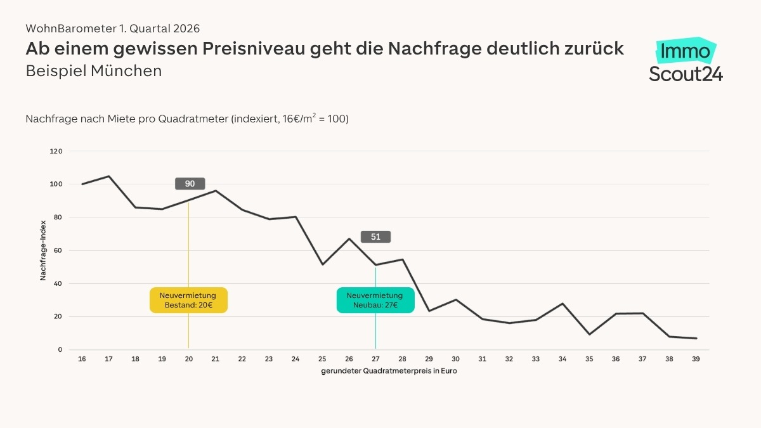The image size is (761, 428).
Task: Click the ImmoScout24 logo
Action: click(x=686, y=60)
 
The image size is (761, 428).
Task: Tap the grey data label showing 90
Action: click(x=190, y=184)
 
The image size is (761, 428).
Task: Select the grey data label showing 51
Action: click(x=375, y=237)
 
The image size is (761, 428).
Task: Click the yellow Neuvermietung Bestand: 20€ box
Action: click(x=188, y=300)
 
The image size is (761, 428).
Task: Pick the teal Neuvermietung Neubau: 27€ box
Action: click(x=375, y=300)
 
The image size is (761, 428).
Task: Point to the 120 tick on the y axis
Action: click(x=56, y=152)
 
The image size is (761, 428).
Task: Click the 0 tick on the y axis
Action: click(x=60, y=349)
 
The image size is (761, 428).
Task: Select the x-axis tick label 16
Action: click(x=82, y=359)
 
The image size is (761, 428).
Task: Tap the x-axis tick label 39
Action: click(x=696, y=359)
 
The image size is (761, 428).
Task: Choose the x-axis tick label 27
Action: click(x=375, y=359)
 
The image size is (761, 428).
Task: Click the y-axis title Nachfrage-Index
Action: click(x=44, y=250)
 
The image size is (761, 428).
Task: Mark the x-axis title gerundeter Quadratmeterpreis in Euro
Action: click(x=389, y=372)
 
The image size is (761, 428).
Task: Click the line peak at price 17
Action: click(x=109, y=176)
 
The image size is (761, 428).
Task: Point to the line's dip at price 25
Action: click(x=323, y=264)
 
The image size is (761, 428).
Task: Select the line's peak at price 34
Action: click(x=563, y=304)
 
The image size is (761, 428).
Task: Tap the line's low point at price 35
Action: click(x=590, y=334)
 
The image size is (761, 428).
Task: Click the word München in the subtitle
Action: click(x=126, y=71)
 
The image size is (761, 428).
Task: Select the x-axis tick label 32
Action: click(x=509, y=359)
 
